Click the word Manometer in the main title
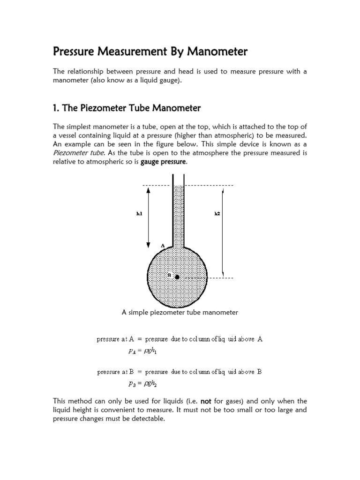[217, 52]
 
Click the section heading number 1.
[56, 108]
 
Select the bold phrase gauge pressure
[163, 162]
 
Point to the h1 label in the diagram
[139, 214]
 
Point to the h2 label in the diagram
[217, 214]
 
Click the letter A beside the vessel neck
[163, 245]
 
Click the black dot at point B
[177, 277]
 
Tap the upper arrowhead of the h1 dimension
[149, 190]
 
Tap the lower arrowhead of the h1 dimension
[149, 244]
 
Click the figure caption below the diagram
[180, 312]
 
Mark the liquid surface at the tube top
[178, 186]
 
